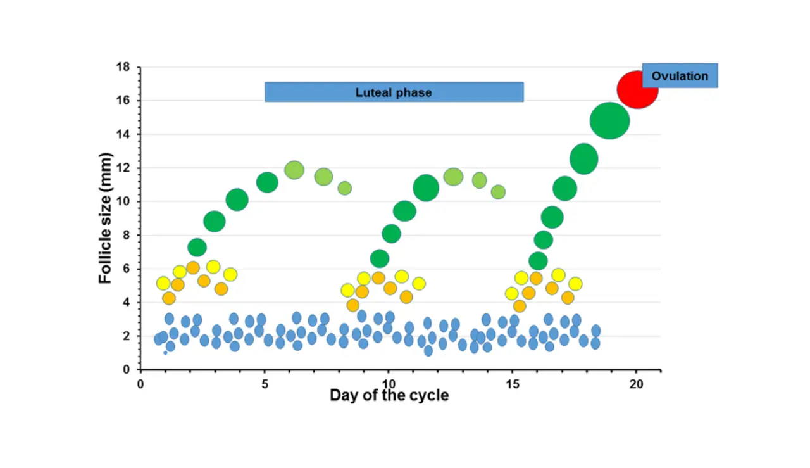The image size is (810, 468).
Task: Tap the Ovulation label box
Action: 680,76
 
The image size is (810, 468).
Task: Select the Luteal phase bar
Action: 394,92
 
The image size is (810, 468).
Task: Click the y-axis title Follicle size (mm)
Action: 106,218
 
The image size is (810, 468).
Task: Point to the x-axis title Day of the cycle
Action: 389,396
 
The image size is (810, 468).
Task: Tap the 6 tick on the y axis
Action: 126,269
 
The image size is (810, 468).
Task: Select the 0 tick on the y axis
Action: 126,369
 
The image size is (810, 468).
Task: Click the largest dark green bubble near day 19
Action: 609,120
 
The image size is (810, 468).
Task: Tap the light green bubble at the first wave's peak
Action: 294,170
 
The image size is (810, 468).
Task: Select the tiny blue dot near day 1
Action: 165,352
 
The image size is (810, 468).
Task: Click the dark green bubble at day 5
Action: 267,182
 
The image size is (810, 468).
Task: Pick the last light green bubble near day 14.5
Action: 498,191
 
